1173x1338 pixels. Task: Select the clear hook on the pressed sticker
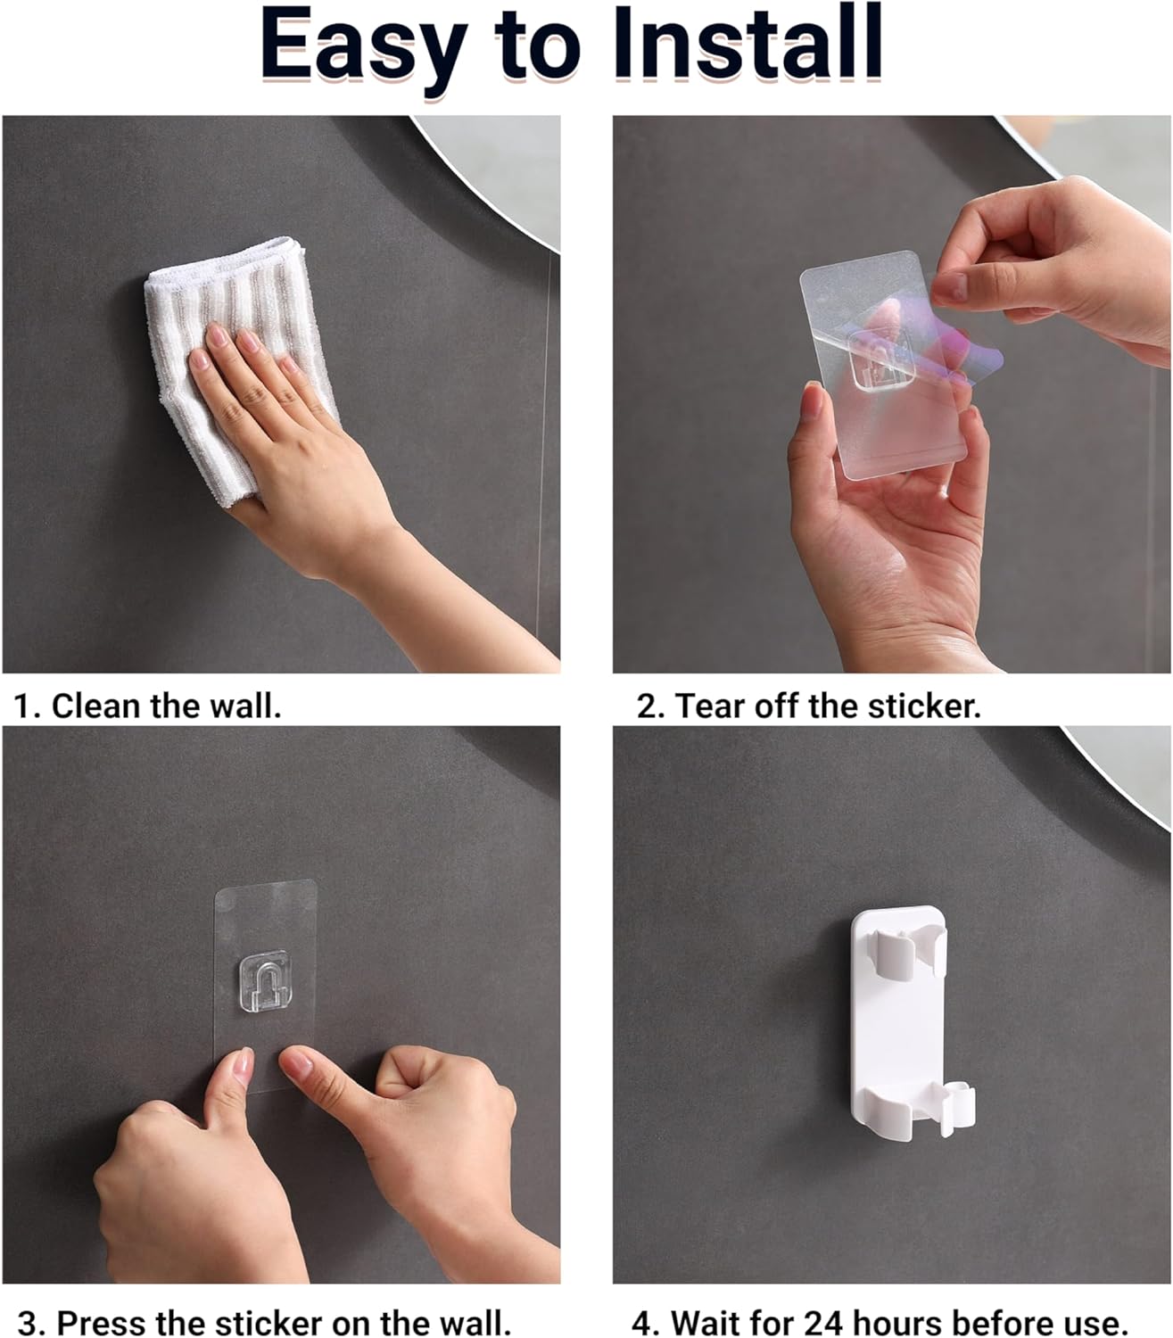(265, 980)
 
